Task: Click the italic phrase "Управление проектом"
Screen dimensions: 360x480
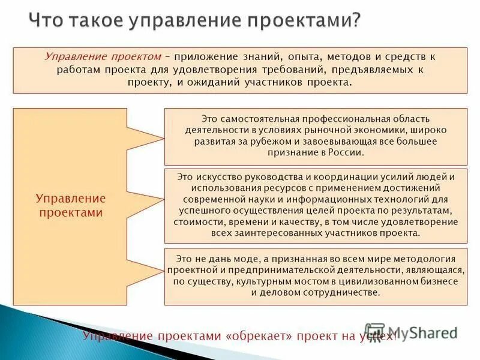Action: pos(103,56)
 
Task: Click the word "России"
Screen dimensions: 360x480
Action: pos(347,153)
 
